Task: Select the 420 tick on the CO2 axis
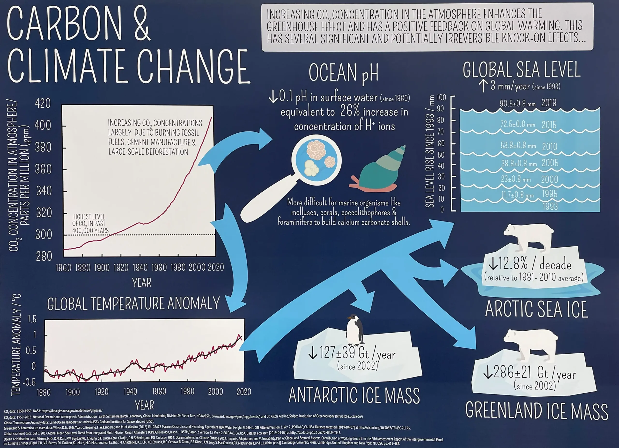coord(43,104)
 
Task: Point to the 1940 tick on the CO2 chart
coord(140,267)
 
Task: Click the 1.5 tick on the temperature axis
coord(32,319)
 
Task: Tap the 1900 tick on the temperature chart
coord(73,392)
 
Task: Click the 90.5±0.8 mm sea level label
coord(517,104)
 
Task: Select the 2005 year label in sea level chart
coord(550,163)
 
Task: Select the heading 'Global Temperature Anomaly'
coord(133,304)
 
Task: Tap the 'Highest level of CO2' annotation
coord(90,224)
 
